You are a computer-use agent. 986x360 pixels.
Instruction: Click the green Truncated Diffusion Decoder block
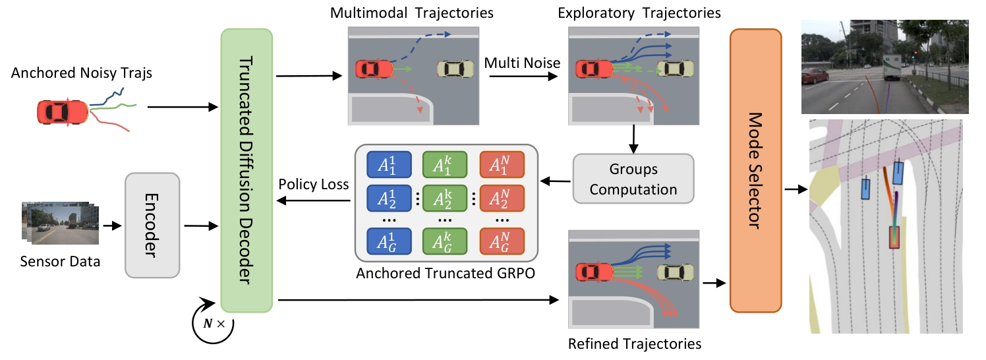[246, 169]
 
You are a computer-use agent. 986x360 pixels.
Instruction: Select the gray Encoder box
[152, 225]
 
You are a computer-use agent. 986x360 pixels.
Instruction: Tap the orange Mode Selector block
[755, 169]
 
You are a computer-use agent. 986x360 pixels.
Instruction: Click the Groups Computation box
[633, 179]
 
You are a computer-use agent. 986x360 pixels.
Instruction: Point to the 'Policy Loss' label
[313, 185]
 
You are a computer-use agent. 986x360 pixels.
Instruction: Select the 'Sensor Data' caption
[59, 262]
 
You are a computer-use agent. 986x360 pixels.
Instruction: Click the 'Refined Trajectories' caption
[633, 343]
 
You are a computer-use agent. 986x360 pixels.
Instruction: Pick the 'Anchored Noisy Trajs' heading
[81, 73]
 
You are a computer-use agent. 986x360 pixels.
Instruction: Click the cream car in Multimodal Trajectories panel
[456, 69]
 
